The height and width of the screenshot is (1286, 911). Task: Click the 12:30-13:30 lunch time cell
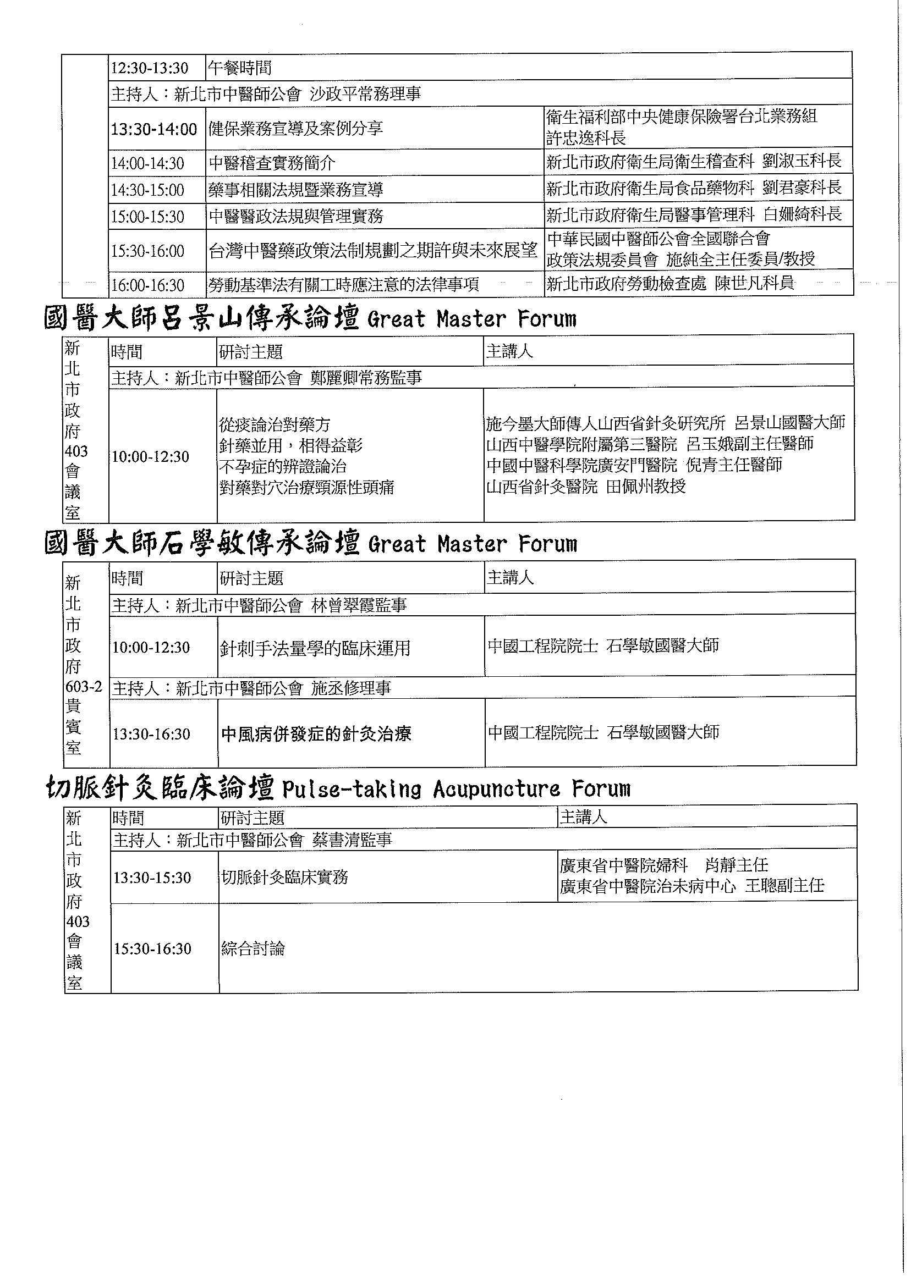pos(149,68)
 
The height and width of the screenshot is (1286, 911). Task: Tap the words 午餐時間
pos(240,68)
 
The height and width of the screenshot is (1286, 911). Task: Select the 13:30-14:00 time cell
pos(153,130)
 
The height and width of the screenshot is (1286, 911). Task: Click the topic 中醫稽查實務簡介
pos(272,163)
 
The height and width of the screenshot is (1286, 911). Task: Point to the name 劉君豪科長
pos(802,188)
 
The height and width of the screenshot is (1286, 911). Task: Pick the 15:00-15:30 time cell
pos(147,217)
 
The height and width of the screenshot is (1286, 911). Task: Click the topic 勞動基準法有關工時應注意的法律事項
pos(344,285)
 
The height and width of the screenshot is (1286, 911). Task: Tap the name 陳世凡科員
pos(755,283)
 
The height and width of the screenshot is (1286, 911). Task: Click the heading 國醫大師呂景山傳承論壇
pos(201,319)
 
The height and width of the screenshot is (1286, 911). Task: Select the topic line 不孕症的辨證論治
pos(283,466)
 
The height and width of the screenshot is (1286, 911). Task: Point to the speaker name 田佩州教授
pos(646,486)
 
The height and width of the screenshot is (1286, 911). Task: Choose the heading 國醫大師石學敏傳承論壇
pos(201,544)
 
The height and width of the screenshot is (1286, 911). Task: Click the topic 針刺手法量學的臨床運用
pos(315,648)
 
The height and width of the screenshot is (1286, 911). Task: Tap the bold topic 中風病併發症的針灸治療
pos(316,734)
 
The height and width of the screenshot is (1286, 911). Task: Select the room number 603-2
pos(84,687)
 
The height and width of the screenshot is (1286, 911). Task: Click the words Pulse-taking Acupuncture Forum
pos(456,790)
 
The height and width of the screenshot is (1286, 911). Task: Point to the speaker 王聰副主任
pos(784,886)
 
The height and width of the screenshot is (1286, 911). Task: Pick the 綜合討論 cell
pos(253,949)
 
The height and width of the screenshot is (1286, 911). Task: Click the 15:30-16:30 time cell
pos(152,949)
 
